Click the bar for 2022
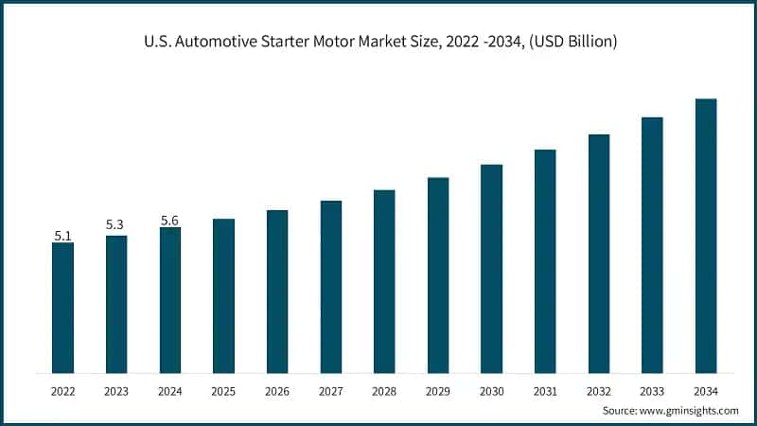[62, 308]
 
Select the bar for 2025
[223, 295]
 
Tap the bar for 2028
[384, 281]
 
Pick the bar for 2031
[545, 261]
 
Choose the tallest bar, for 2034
[706, 236]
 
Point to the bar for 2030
[491, 269]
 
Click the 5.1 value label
[62, 235]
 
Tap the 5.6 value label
[169, 220]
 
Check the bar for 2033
[652, 245]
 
